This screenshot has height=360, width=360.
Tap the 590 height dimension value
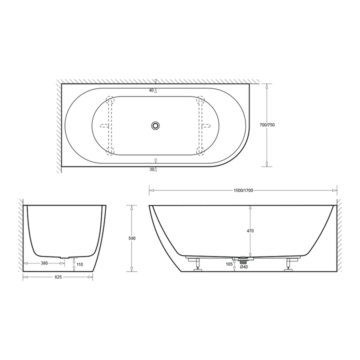[132, 238]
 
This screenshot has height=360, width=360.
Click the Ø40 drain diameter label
[243, 267]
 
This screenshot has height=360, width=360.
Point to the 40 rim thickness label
[151, 90]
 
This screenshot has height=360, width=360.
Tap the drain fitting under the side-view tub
[243, 259]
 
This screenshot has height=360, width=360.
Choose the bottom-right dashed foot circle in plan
[200, 149]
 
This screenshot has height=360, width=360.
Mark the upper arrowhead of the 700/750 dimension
[267, 86]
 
